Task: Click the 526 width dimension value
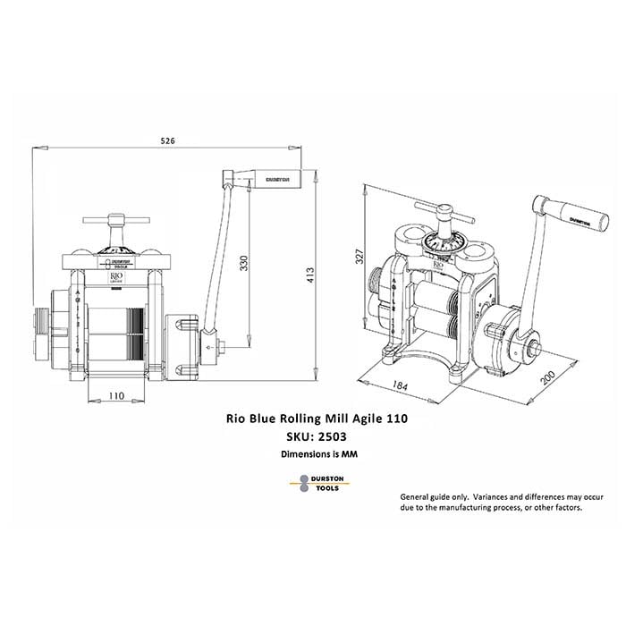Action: [x=167, y=141]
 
